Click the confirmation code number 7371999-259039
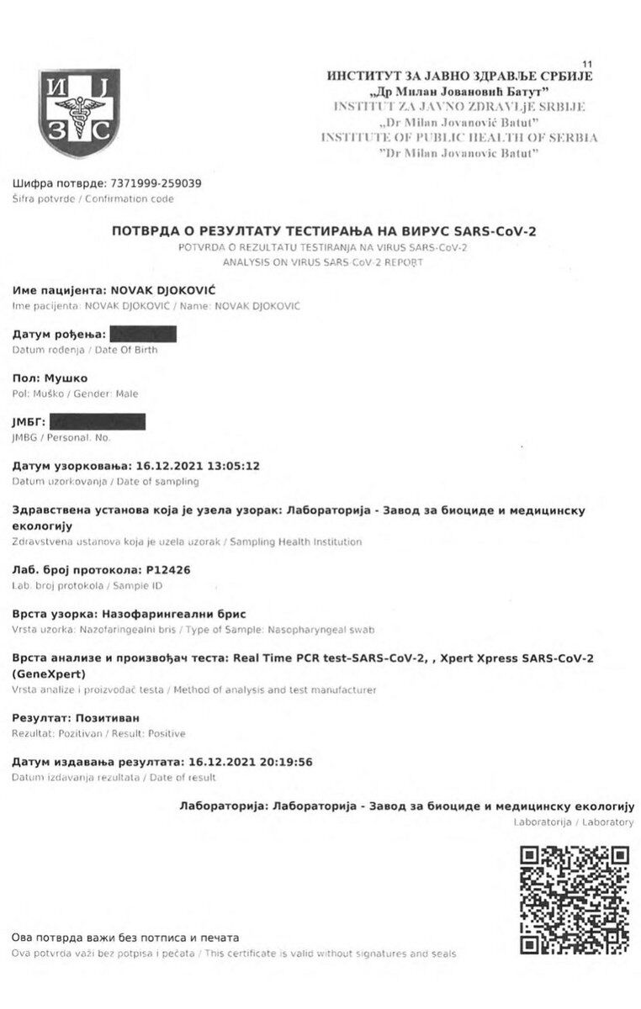(156, 183)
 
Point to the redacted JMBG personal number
(97, 421)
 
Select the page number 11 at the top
(586, 64)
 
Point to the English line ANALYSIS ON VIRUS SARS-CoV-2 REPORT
(323, 261)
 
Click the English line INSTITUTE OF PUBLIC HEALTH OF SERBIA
(459, 137)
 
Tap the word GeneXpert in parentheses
(50, 674)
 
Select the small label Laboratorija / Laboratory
(573, 821)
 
